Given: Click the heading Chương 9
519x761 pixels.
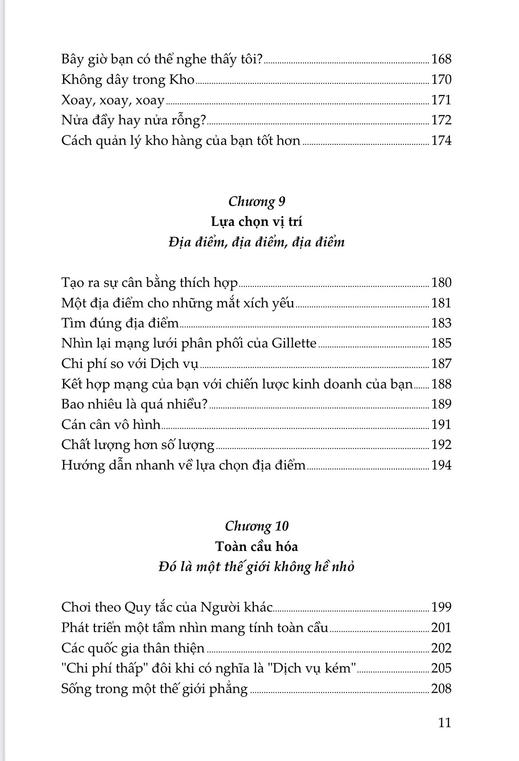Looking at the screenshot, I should [x=256, y=201].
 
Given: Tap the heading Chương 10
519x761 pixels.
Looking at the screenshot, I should [x=256, y=526].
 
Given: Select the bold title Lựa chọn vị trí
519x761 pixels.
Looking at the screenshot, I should [x=256, y=222].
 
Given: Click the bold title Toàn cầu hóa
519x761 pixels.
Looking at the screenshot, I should [x=256, y=546].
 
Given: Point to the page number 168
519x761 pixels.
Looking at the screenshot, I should [x=441, y=59].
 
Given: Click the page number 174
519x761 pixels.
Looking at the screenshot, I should [x=441, y=140].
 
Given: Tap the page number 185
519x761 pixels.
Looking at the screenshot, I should [x=441, y=343].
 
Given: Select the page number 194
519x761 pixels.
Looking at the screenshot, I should [x=441, y=465].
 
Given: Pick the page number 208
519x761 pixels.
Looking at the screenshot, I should [x=441, y=688].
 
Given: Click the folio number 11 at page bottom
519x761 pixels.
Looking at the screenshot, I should [x=445, y=723].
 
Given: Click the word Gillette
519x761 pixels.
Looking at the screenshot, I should [x=294, y=343].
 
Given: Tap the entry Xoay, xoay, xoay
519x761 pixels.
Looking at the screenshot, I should [x=113, y=100].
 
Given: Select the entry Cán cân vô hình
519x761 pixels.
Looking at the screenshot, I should [x=111, y=424].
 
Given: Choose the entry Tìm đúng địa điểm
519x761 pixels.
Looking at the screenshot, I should [x=120, y=323].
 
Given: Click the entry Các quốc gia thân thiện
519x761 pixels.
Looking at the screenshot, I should [x=133, y=648].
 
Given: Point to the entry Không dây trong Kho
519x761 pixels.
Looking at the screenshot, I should [x=128, y=80].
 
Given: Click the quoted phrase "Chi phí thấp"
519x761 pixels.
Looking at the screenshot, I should [x=102, y=668].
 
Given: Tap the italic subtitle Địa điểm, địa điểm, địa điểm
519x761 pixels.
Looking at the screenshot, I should [x=256, y=242].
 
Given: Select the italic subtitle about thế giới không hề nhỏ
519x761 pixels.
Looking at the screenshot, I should [x=256, y=567].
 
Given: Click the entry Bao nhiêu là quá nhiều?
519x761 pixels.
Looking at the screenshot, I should [x=135, y=404].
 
